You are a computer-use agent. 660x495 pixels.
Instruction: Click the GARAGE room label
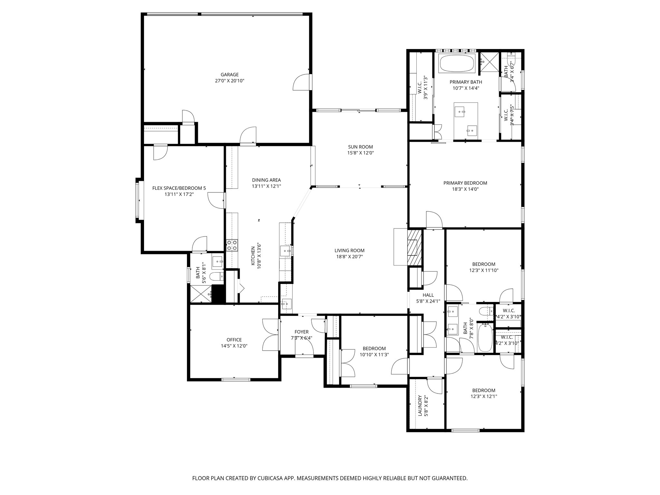pyautogui.click(x=229, y=74)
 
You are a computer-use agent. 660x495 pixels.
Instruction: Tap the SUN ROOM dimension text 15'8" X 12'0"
pyautogui.click(x=360, y=153)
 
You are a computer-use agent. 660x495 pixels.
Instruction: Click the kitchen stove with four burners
pyautogui.click(x=232, y=245)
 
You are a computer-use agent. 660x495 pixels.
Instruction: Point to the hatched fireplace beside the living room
pyautogui.click(x=415, y=247)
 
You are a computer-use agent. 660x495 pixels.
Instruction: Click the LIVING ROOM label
pyautogui.click(x=349, y=250)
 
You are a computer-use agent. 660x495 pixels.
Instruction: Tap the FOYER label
pyautogui.click(x=301, y=332)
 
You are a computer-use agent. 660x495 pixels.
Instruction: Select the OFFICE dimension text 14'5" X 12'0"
pyautogui.click(x=234, y=346)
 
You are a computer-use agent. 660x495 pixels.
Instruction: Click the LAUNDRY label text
pyautogui.click(x=420, y=406)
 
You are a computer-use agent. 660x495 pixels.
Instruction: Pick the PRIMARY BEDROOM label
pyautogui.click(x=465, y=183)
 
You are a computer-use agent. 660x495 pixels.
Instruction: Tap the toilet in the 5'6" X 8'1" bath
pyautogui.click(x=216, y=276)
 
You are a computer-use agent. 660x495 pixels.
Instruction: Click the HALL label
pyautogui.click(x=428, y=295)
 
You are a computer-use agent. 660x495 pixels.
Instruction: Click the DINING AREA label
pyautogui.click(x=266, y=180)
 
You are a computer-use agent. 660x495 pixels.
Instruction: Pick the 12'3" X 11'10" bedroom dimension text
pyautogui.click(x=484, y=270)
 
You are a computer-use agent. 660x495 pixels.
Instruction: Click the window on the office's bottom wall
pyautogui.click(x=236, y=379)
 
